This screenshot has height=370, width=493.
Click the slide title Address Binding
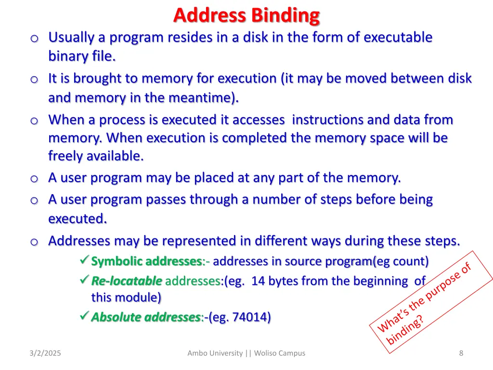pos(246,15)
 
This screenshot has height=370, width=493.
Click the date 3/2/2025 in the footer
pos(45,353)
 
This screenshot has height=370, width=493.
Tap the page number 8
pos(461,353)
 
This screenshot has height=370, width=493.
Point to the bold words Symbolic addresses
pos(146,262)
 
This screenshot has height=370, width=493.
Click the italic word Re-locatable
pos(127,281)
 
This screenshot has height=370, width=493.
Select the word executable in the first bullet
pos(398,38)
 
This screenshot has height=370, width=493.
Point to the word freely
pos(65,156)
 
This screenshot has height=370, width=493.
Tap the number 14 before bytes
pos(258,281)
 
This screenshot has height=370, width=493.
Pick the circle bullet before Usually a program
pos(34,39)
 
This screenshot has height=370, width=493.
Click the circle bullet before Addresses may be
pos(34,242)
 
